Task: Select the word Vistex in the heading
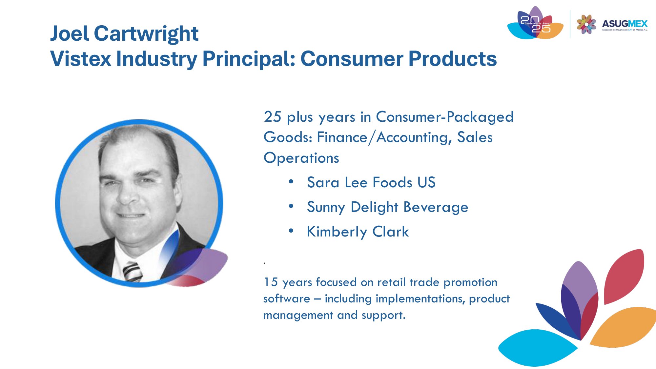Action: pos(81,59)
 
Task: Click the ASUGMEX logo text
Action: pos(625,24)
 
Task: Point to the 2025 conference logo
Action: pos(535,23)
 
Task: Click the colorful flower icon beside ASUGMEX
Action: pos(586,24)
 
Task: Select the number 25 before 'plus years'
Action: pos(273,117)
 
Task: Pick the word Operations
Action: pos(301,158)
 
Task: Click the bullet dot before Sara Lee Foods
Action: pos(291,181)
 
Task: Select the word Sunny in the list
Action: pos(326,208)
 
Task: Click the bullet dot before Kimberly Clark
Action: pos(291,231)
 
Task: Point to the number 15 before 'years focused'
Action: pos(271,282)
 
